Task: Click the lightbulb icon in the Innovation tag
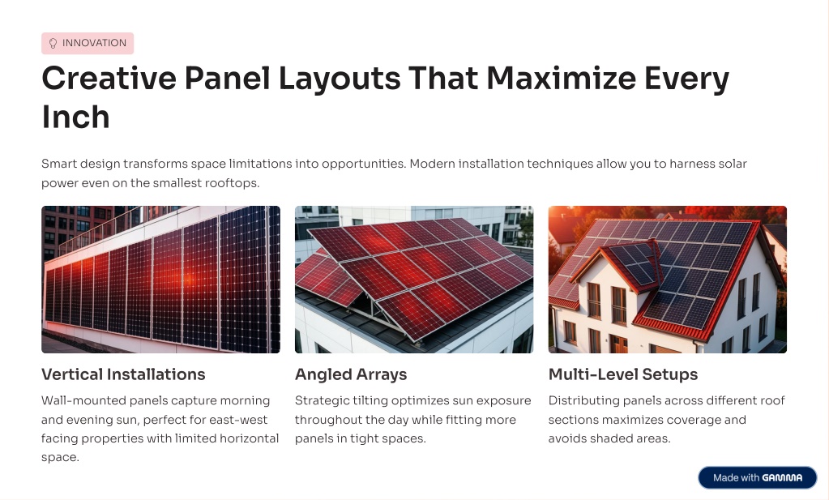(x=53, y=43)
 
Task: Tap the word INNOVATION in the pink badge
(x=94, y=43)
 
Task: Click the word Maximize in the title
(x=561, y=78)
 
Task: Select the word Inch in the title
(x=75, y=116)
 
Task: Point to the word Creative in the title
(x=109, y=78)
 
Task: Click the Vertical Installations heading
(x=123, y=374)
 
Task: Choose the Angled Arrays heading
(x=351, y=374)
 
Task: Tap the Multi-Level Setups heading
(x=623, y=374)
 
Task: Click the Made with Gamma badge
(x=757, y=478)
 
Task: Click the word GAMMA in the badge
(x=782, y=478)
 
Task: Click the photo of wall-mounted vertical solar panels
(x=160, y=280)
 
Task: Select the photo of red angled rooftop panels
(x=414, y=280)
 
